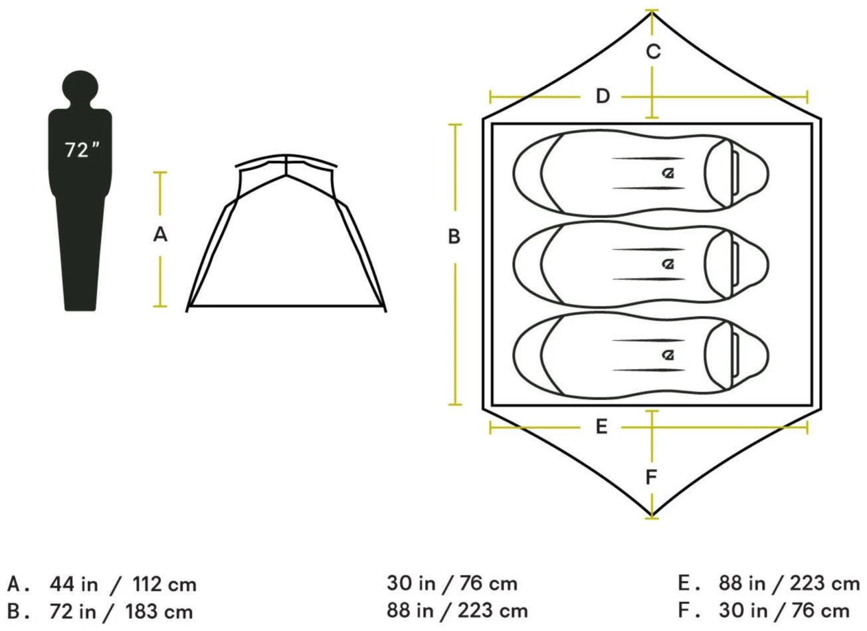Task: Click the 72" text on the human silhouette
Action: tap(82, 149)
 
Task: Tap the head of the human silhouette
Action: tap(80, 86)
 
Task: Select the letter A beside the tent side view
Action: tap(160, 234)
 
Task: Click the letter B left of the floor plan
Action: tap(454, 236)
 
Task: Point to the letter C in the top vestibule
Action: tap(653, 51)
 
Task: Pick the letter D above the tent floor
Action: tap(602, 96)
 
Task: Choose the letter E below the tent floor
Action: tap(601, 426)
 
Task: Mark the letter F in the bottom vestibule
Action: tap(652, 477)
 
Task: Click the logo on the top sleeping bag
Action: tap(668, 173)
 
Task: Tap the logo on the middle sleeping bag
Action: tap(668, 264)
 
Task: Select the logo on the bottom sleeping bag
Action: tap(668, 355)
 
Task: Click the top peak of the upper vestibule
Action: tap(652, 12)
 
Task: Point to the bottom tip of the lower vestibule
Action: tap(652, 515)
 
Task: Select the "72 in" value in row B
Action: tap(72, 610)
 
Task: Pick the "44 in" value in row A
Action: tap(73, 585)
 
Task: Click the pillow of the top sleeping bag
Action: tap(736, 173)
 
